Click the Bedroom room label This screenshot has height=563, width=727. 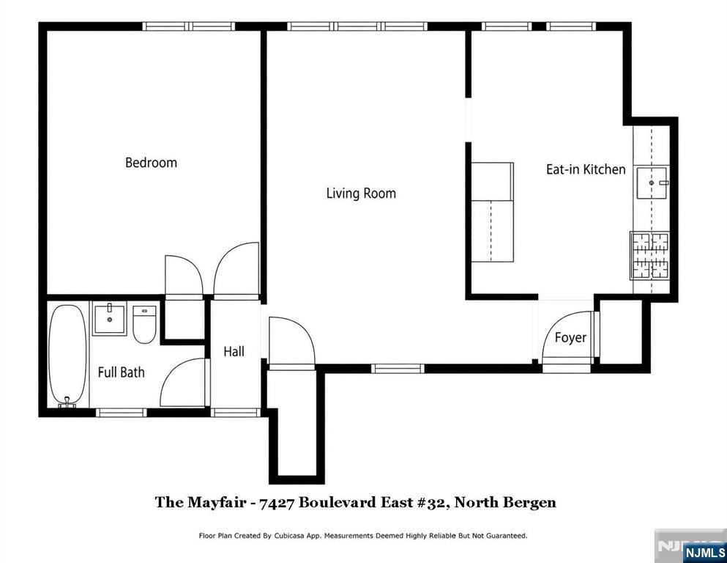[x=151, y=163]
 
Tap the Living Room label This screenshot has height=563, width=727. [x=361, y=193]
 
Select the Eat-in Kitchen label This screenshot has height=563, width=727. [x=586, y=169]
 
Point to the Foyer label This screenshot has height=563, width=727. [x=570, y=337]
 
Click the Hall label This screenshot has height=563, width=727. [x=234, y=351]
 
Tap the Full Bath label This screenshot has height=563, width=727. [x=121, y=372]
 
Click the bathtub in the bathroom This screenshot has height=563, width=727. [x=67, y=355]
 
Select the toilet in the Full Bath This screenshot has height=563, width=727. [x=144, y=324]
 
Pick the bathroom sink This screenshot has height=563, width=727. [x=109, y=318]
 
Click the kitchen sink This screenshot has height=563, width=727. [x=652, y=183]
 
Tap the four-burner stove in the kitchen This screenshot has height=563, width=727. [x=649, y=255]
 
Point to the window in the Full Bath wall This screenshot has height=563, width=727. [x=122, y=412]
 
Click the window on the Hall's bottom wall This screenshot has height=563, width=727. [x=236, y=412]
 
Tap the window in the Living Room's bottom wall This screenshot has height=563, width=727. [x=398, y=369]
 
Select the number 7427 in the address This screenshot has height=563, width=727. [x=277, y=503]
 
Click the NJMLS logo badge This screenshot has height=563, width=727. [x=704, y=552]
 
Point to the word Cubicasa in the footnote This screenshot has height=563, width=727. [x=290, y=536]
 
